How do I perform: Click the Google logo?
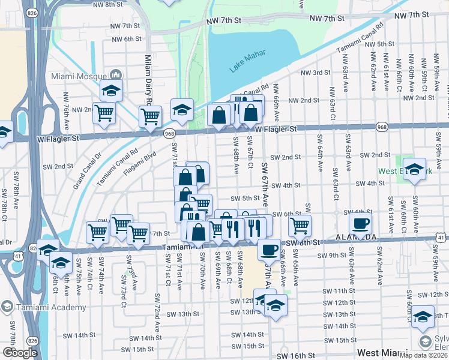tap(20, 353)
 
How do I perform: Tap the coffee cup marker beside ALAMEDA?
tap(360, 223)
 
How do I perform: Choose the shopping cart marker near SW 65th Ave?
tap(300, 226)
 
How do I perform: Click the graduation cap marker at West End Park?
tap(414, 168)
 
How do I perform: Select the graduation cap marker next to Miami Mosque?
tap(111, 90)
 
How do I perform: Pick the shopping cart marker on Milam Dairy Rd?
tap(150, 115)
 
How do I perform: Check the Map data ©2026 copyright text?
tap(423, 355)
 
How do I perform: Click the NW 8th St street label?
tap(106, 5)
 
